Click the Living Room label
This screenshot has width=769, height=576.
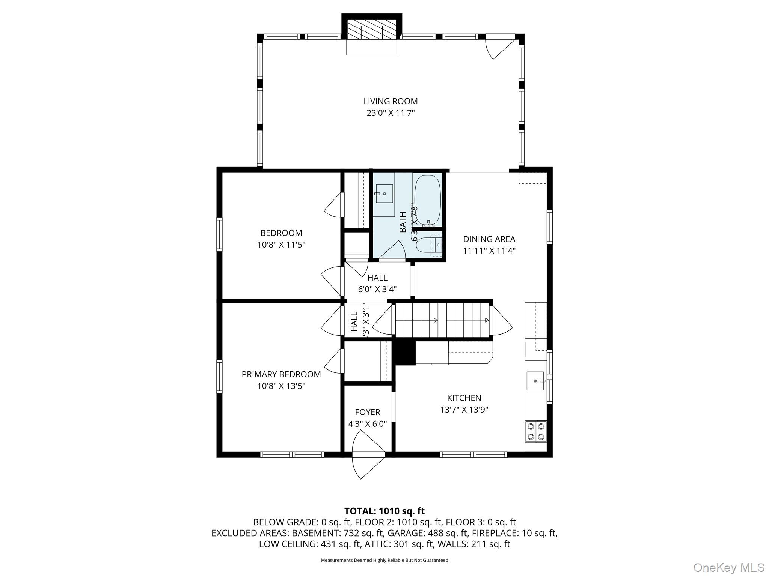(391, 101)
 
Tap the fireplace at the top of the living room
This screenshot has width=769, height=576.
(371, 30)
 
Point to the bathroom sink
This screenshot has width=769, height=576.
(384, 193)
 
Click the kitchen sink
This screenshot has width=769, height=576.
(535, 381)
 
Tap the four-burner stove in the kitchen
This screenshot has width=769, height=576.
(535, 431)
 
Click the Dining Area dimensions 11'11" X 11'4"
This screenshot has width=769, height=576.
(489, 250)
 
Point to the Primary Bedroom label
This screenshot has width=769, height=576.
(281, 374)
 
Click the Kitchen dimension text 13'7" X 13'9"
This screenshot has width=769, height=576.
(464, 409)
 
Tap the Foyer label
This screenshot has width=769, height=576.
(368, 412)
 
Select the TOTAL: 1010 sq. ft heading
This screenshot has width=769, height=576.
(384, 511)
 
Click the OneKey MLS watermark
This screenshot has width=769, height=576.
(728, 567)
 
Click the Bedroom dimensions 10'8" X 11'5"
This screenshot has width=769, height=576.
(281, 245)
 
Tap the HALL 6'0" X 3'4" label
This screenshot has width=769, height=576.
(377, 283)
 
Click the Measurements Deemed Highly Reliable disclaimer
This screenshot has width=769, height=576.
(384, 560)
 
